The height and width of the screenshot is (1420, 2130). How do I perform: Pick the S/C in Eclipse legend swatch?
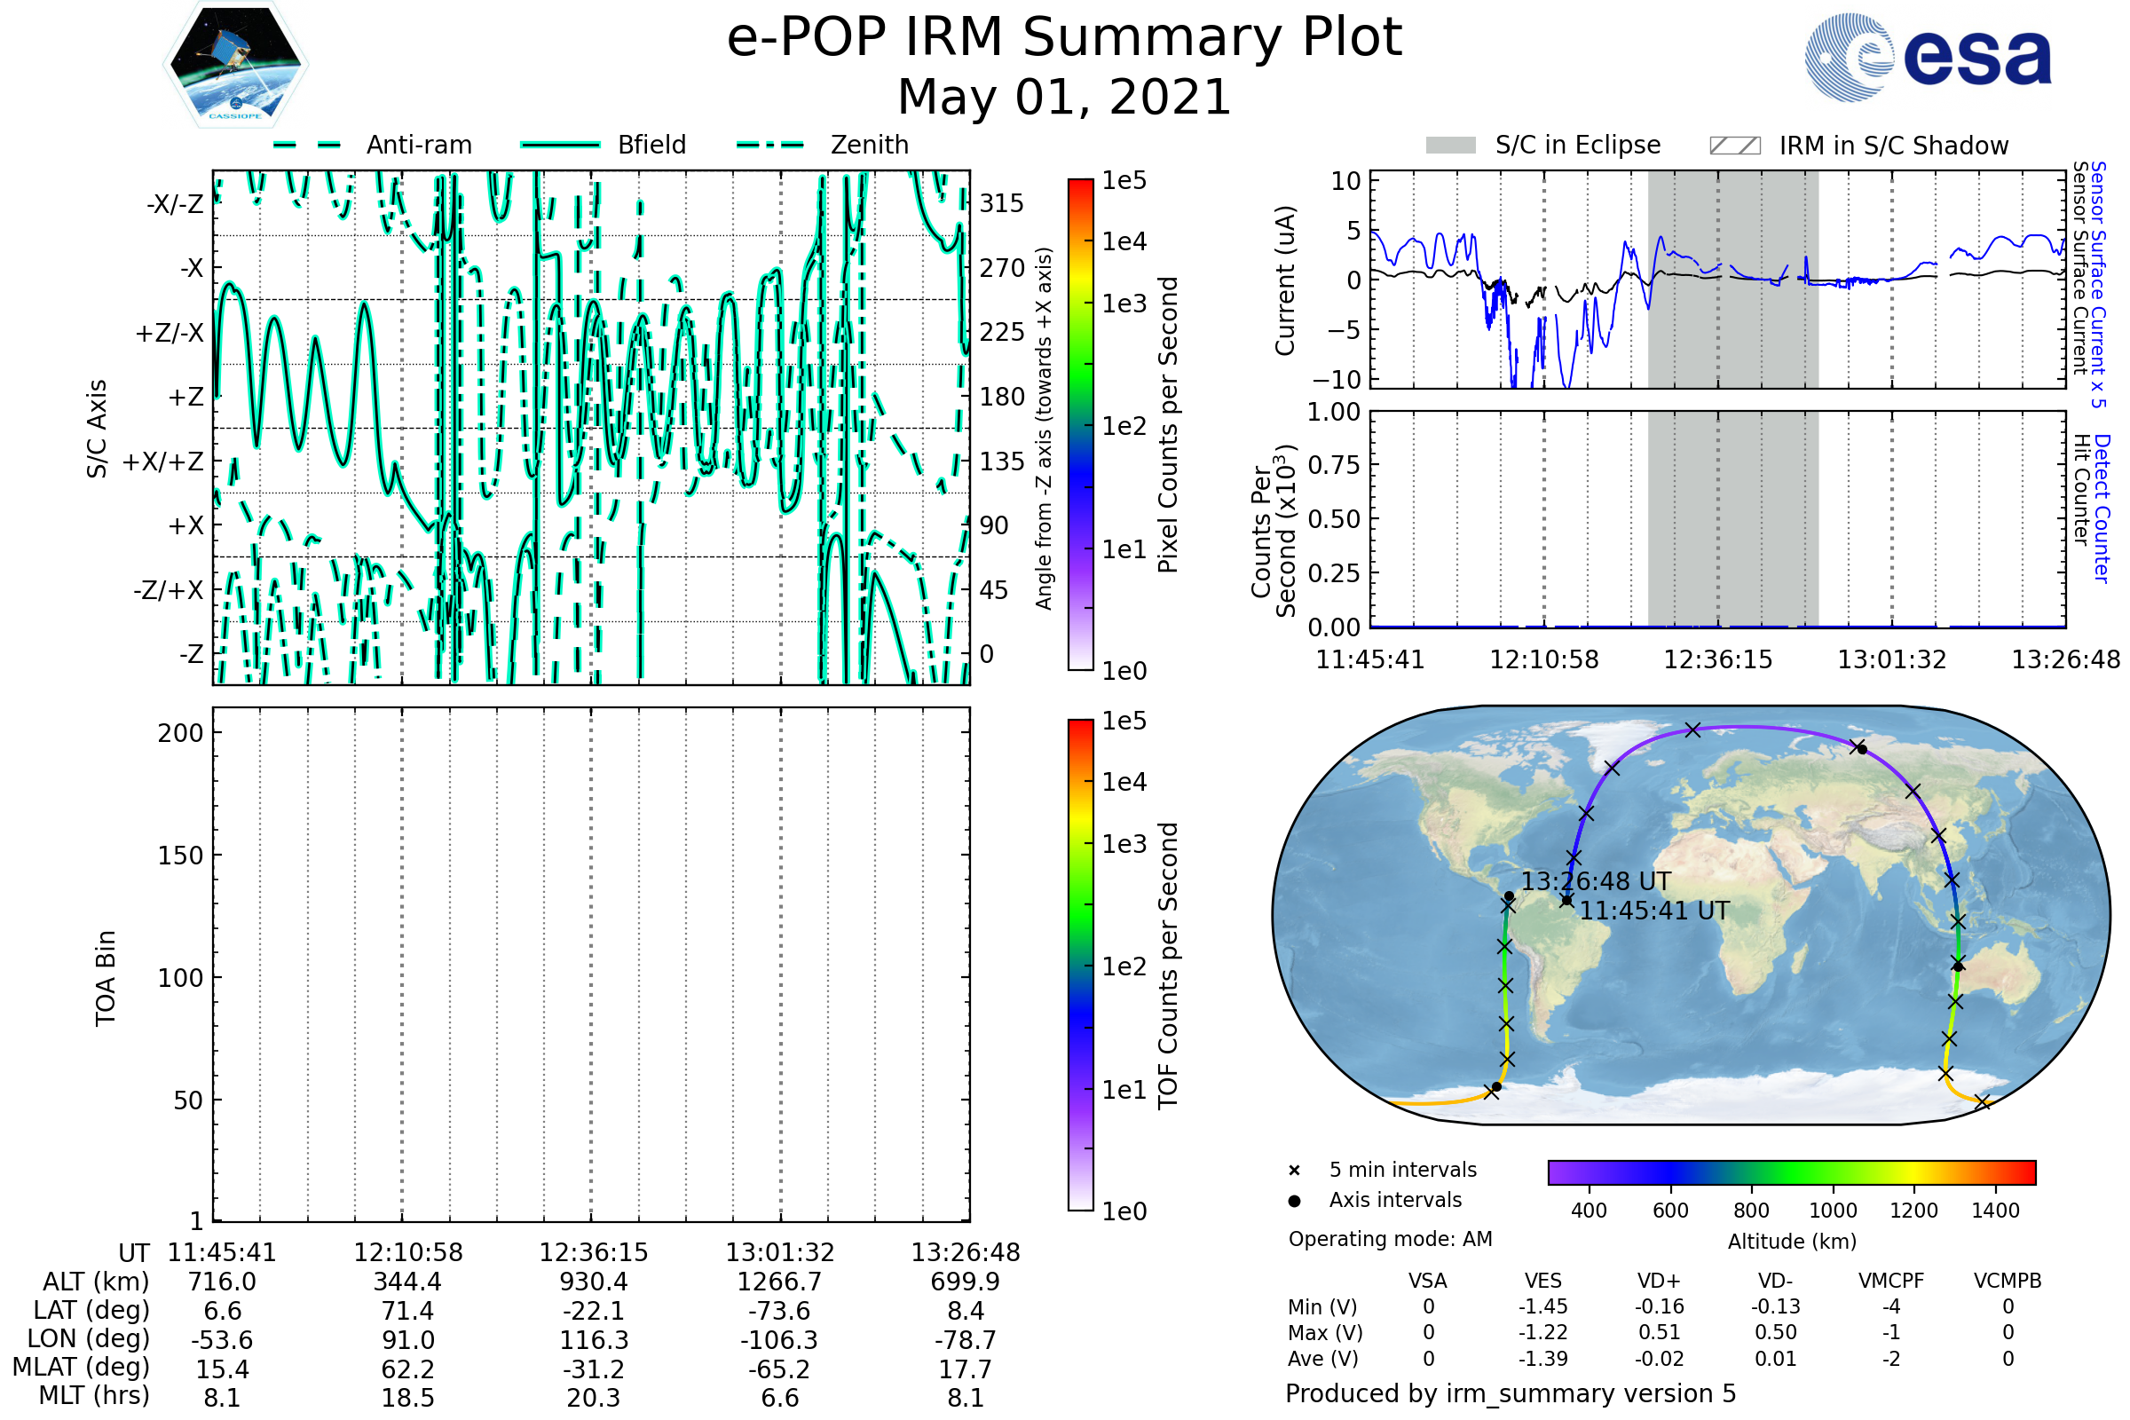[x=1450, y=146]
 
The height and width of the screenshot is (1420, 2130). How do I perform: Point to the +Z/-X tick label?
[x=170, y=334]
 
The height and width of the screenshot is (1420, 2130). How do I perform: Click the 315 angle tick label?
[x=1001, y=203]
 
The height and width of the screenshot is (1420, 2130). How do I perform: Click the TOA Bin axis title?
[x=105, y=977]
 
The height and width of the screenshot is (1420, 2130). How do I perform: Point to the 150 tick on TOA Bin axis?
[x=180, y=855]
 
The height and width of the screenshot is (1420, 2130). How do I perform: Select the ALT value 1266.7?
[x=779, y=1282]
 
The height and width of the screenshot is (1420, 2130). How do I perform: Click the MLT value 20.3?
[x=593, y=1397]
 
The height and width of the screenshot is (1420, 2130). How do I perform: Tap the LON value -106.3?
[x=779, y=1339]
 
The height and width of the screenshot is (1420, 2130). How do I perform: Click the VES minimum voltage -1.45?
[x=1542, y=1306]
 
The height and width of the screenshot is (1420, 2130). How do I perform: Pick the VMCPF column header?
[x=1891, y=1281]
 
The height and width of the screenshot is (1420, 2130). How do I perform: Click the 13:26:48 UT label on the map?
[x=1595, y=881]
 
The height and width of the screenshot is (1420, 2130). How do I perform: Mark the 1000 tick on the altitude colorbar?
[x=1832, y=1210]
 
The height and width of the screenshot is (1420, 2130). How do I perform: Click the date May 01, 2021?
[x=1064, y=97]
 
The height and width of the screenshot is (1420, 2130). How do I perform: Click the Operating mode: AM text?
[x=1390, y=1239]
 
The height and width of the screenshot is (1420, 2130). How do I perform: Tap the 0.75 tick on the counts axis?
[x=1333, y=464]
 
